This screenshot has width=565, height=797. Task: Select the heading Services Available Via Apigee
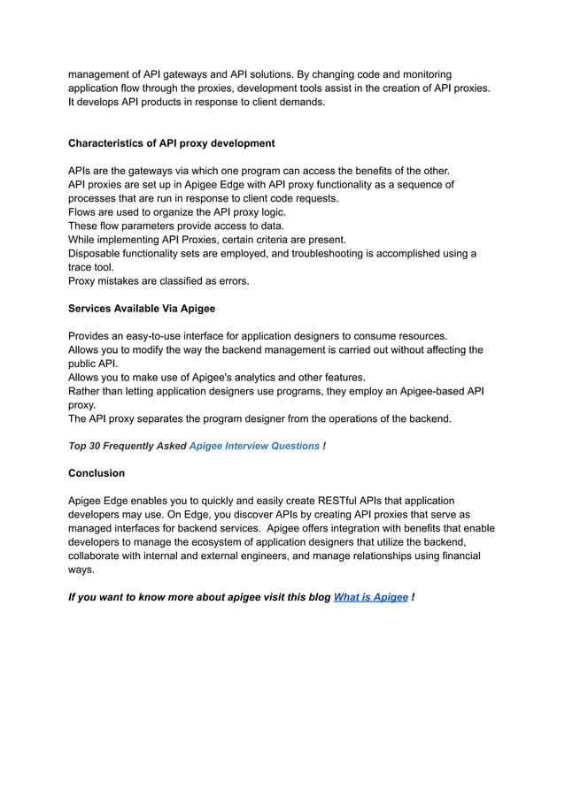click(141, 309)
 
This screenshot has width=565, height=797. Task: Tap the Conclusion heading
click(97, 473)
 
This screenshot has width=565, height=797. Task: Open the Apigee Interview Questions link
click(254, 446)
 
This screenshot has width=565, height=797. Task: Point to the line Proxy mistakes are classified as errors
click(159, 281)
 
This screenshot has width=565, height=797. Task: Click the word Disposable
click(96, 254)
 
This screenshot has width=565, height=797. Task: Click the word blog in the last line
click(315, 597)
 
